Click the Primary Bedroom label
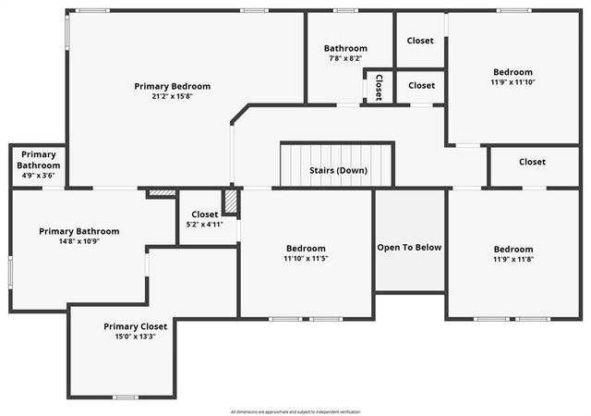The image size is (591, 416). (x=172, y=86)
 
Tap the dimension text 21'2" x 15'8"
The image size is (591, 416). (x=172, y=97)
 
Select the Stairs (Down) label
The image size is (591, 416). (x=337, y=170)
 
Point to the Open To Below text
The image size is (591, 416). (x=409, y=247)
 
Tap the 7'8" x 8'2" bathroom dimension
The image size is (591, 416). (x=345, y=59)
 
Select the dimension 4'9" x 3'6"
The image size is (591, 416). (x=39, y=176)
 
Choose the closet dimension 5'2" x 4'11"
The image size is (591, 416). (x=205, y=225)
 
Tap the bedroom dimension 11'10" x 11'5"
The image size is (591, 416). (x=305, y=260)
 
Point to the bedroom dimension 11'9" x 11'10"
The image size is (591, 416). (x=513, y=83)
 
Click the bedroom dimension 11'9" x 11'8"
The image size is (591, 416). (x=513, y=260)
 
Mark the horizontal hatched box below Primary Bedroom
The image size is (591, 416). (x=162, y=193)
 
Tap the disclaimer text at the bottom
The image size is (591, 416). (x=295, y=410)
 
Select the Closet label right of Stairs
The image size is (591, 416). (x=532, y=162)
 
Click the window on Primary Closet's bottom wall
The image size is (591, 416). (x=125, y=398)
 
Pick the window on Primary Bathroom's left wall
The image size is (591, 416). (x=10, y=274)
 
